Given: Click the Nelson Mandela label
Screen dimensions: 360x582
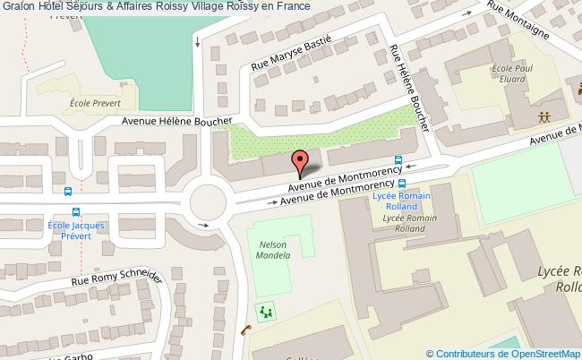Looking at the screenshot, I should [274, 250].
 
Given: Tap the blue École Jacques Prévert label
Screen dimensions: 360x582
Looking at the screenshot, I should [76, 231].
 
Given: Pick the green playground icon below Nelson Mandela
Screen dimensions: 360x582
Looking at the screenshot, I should [265, 313].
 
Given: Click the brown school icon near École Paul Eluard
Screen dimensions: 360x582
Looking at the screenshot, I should [543, 117].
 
